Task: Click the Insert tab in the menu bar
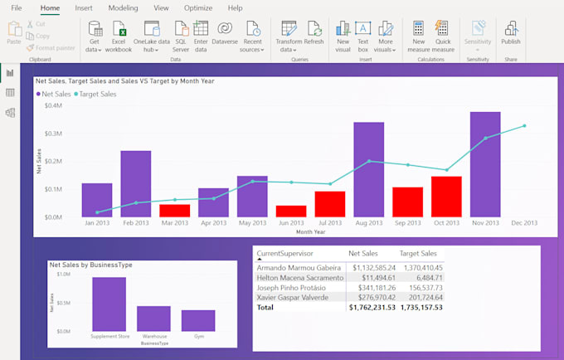coord(84,7)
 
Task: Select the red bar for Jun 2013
coord(291,211)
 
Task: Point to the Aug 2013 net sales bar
coord(368,169)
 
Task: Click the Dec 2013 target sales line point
coord(524,126)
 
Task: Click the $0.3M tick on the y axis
coord(52,134)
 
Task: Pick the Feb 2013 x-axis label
coord(135,223)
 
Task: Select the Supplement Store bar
coord(109,304)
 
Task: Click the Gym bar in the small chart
coord(198,320)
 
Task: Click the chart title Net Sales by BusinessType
coord(91,265)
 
